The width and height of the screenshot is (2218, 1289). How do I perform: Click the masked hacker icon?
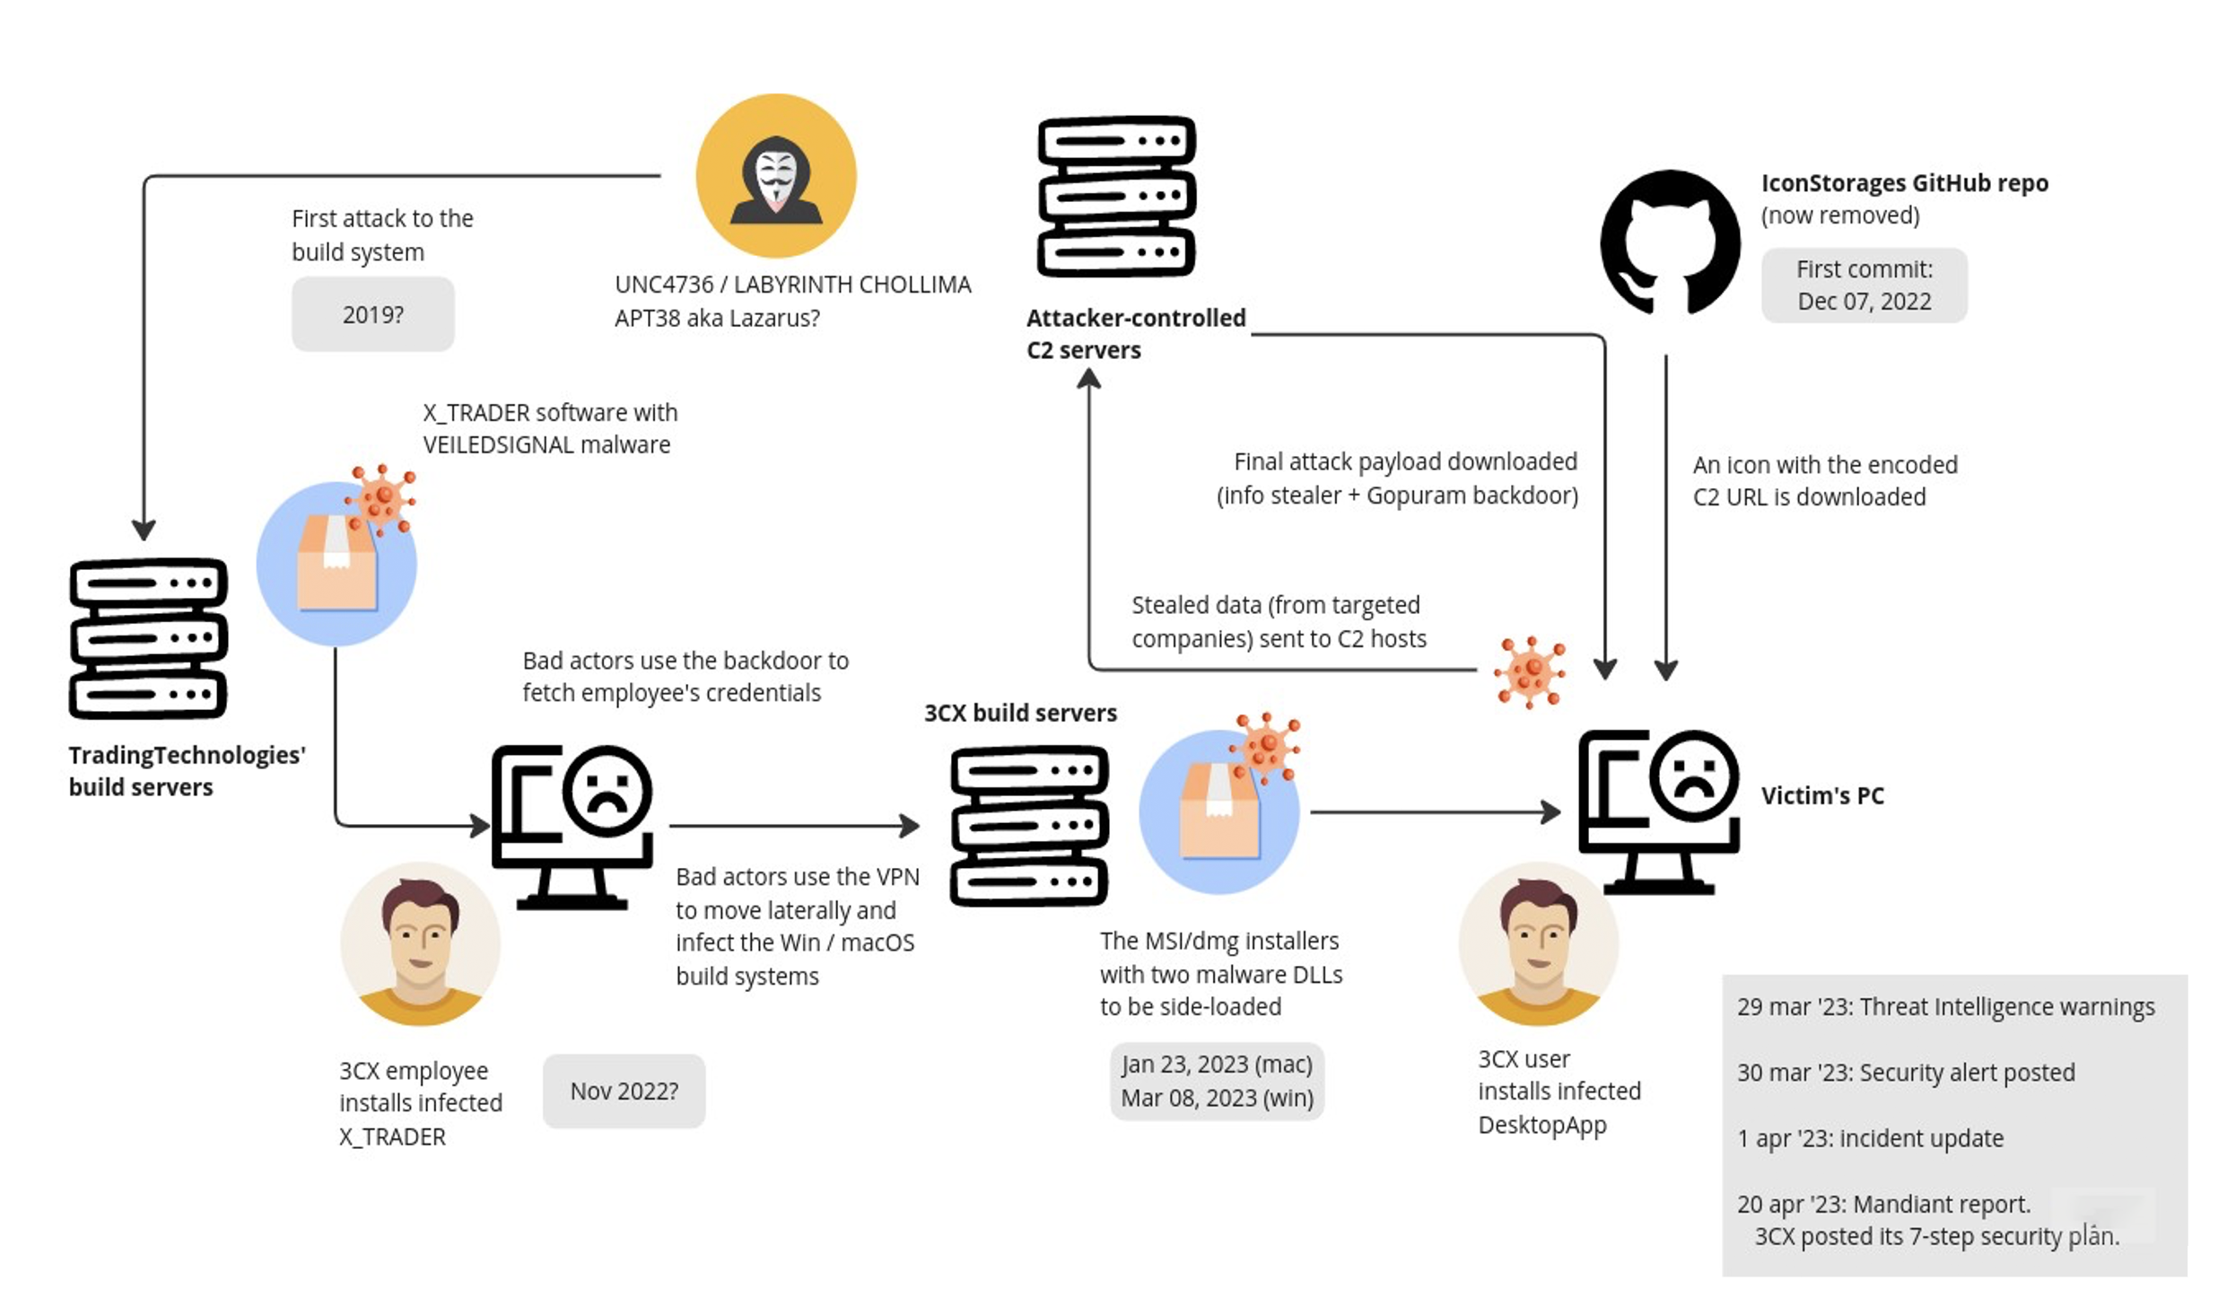click(x=775, y=176)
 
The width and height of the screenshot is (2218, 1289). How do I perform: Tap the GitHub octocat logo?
click(x=1670, y=242)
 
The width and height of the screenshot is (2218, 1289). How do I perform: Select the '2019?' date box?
click(x=372, y=314)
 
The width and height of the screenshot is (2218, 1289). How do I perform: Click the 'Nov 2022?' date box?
click(x=624, y=1091)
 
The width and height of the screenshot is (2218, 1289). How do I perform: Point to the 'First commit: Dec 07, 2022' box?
click(x=1864, y=285)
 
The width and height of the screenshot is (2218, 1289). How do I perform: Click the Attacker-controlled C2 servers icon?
click(x=1116, y=196)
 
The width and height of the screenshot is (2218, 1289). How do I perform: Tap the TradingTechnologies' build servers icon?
click(x=148, y=638)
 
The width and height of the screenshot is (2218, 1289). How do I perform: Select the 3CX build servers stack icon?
click(x=1029, y=826)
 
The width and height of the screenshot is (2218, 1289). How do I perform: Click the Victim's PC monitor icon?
click(x=1659, y=811)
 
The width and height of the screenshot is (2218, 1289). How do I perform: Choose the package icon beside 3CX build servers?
click(x=1219, y=803)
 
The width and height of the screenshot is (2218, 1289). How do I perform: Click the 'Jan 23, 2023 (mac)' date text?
click(x=1217, y=1064)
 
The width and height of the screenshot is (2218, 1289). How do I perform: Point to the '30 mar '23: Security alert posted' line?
click(x=1906, y=1073)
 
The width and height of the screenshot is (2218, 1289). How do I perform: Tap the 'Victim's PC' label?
click(x=1822, y=795)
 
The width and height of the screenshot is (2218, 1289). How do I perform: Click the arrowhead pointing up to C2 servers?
click(x=1088, y=379)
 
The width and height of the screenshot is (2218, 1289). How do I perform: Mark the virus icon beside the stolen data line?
click(x=1530, y=672)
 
